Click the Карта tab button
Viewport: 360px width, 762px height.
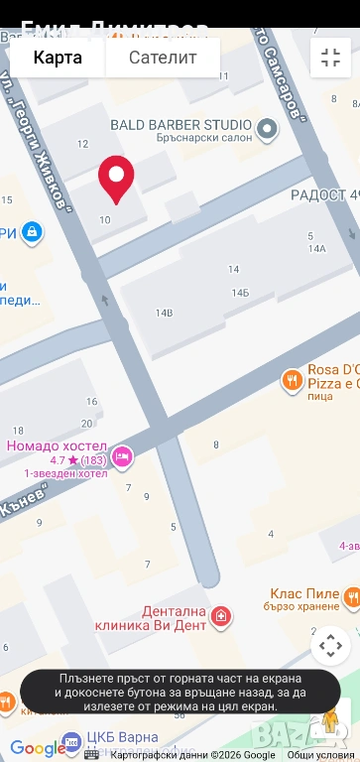point(58,58)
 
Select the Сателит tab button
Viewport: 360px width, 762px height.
point(163,58)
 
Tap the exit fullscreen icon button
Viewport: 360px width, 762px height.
point(330,58)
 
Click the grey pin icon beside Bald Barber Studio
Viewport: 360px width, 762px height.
point(267,128)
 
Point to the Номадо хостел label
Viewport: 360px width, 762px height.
point(55,445)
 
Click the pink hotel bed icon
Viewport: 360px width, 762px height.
point(122,455)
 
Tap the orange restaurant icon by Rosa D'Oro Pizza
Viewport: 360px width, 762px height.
point(292,379)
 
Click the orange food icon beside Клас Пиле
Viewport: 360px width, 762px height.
point(351,595)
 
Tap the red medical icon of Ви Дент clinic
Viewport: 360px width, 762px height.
point(220,618)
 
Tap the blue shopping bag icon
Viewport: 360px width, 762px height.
point(33,232)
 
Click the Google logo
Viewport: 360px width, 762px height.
point(37,748)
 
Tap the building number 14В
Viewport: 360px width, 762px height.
point(164,313)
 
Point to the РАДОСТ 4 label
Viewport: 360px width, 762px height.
point(323,194)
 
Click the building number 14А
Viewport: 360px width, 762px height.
point(317,249)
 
